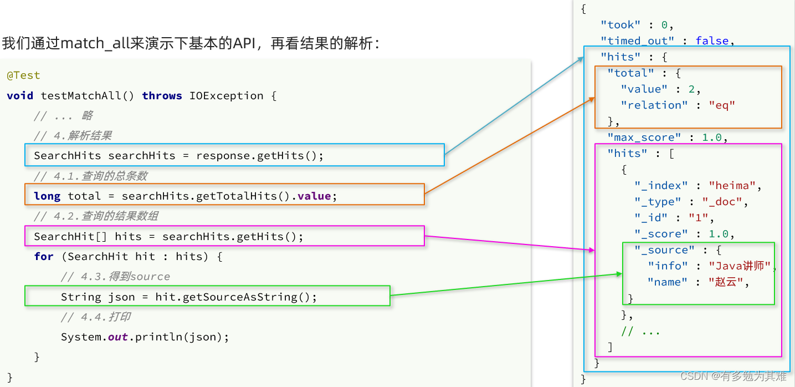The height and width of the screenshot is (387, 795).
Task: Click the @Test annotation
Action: point(23,75)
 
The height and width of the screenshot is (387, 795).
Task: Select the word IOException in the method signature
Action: point(226,96)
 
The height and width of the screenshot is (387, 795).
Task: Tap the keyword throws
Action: point(162,96)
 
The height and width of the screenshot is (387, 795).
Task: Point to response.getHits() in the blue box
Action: point(259,156)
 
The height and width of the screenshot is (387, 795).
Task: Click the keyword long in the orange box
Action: point(47,196)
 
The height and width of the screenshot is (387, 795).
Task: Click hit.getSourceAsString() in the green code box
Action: point(236,297)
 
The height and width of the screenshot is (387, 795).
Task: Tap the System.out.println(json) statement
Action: point(145,337)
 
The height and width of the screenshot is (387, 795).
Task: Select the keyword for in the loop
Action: point(44,257)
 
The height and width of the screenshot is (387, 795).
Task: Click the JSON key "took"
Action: point(620,25)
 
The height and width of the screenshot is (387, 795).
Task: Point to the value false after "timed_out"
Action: point(712,41)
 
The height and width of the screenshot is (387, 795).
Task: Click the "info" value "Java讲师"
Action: point(740,266)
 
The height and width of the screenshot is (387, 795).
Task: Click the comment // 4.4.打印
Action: point(95,317)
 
